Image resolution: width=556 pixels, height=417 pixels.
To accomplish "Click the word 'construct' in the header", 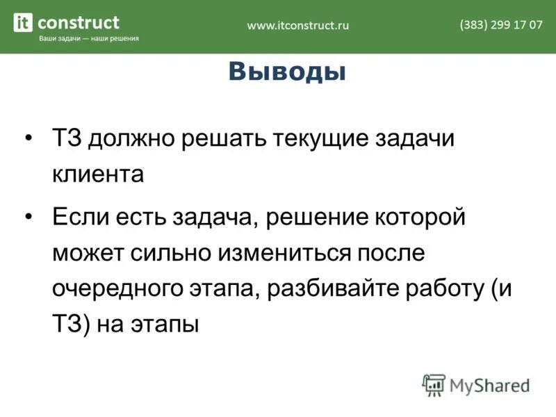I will (x=78, y=22).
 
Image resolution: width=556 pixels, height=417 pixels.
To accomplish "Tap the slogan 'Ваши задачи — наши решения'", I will (x=88, y=39).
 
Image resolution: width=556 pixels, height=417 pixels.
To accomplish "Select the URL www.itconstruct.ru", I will (x=298, y=25).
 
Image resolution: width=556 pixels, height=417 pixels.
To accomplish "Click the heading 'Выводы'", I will (x=287, y=72).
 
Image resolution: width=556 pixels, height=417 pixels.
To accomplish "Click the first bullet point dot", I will (x=28, y=138).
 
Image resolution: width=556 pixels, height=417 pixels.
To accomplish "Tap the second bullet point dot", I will (x=28, y=217).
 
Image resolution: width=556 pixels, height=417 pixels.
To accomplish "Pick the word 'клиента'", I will (x=97, y=174).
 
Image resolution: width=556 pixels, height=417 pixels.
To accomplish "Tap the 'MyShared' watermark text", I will (x=490, y=384).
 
